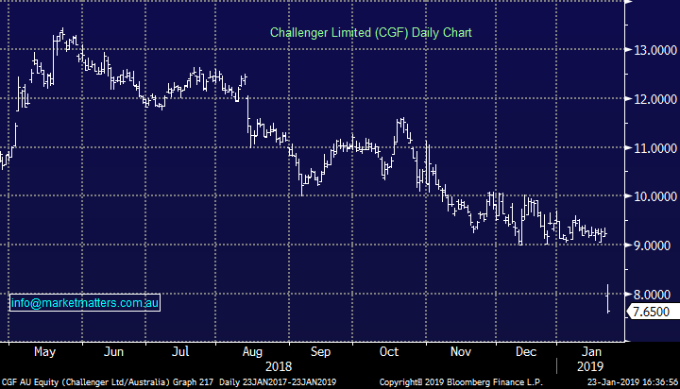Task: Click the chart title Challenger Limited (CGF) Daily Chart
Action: pyautogui.click(x=370, y=32)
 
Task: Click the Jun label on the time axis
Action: pyautogui.click(x=114, y=351)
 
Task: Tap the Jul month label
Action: pyautogui.click(x=181, y=351)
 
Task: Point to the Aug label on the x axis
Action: pyautogui.click(x=252, y=351)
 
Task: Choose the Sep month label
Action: pyautogui.click(x=321, y=351)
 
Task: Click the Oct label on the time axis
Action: pyautogui.click(x=389, y=351)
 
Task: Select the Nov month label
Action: pyautogui.click(x=461, y=351)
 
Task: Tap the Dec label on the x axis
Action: pyautogui.click(x=527, y=351)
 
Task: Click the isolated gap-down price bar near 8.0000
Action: pyautogui.click(x=608, y=298)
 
